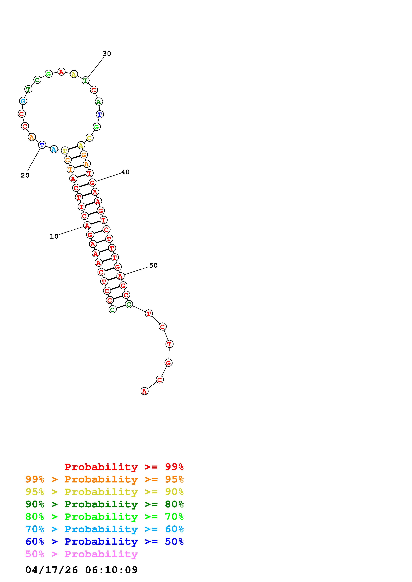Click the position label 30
(107, 53)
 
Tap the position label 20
(25, 175)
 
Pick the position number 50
(153, 265)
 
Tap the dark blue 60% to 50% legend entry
(105, 542)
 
